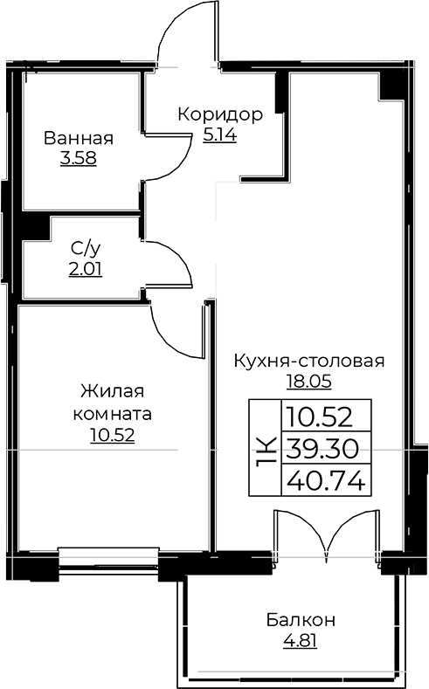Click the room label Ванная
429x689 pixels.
tap(79, 138)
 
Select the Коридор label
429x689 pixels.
tap(219, 114)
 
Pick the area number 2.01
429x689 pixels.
tap(86, 269)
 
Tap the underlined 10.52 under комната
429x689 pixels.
tap(111, 432)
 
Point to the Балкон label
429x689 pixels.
tap(301, 621)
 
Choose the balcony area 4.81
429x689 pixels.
tap(301, 641)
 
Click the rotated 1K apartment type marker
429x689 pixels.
tap(266, 448)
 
